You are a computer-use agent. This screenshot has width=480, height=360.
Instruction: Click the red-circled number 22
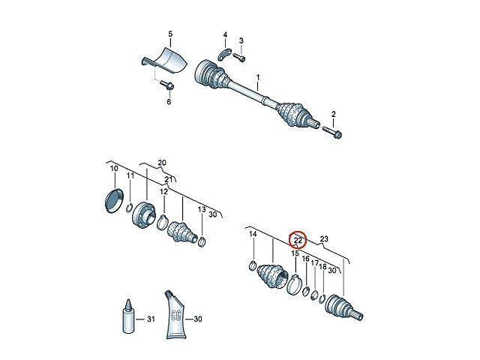tap(298, 240)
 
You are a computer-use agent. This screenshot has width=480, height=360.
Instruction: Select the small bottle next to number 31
tap(128, 316)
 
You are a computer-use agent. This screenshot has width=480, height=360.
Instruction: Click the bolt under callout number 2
tap(332, 131)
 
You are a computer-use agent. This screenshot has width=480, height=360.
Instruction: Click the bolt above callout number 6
tap(167, 85)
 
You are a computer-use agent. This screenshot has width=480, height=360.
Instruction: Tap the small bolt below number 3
tap(239, 58)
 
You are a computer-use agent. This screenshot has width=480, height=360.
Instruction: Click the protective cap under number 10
tap(114, 200)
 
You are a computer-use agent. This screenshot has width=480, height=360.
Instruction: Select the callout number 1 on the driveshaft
tap(258, 77)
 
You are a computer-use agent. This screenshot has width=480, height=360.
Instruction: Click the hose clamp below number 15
tap(294, 285)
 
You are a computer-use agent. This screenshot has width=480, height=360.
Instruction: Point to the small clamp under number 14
tap(252, 265)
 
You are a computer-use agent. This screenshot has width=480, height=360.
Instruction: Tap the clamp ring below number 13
tap(202, 241)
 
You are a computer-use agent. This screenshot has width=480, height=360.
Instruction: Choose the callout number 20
tap(162, 163)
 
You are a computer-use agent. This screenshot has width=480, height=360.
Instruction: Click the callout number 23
tap(324, 238)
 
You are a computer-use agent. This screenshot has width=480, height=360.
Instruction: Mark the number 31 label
tap(151, 319)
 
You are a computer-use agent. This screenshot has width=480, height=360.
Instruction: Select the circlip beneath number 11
tap(130, 208)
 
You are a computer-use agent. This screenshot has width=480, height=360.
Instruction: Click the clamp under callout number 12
tap(163, 222)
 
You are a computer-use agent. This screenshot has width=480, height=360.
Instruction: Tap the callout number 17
tap(315, 263)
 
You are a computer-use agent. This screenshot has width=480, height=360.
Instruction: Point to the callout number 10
tap(114, 168)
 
